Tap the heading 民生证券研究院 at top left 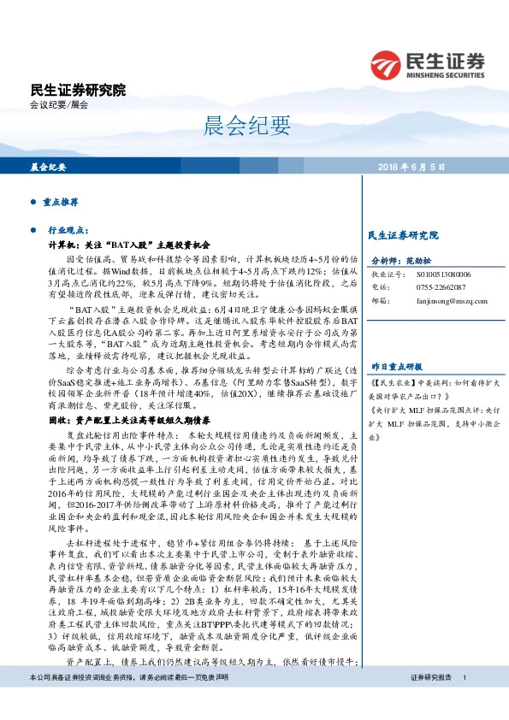pyautogui.click(x=77, y=90)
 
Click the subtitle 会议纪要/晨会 pyautogui.click(x=58, y=104)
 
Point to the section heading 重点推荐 pyautogui.click(x=61, y=204)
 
